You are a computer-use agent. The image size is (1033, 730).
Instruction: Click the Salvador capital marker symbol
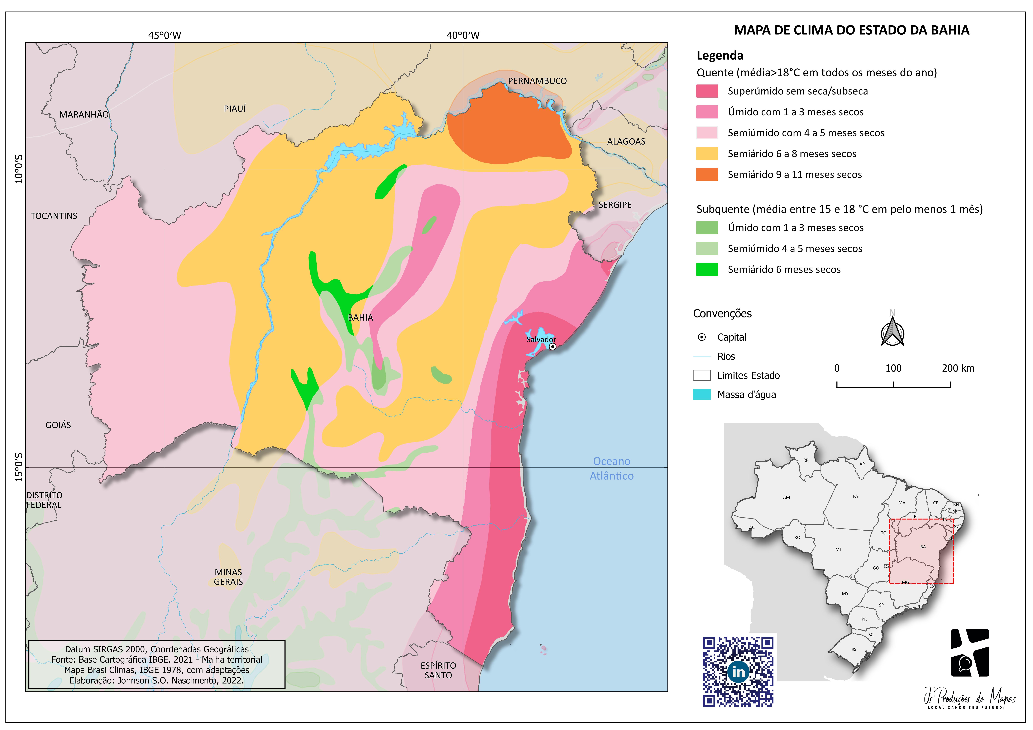(x=553, y=346)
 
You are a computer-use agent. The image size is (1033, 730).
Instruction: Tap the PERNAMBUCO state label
(x=537, y=81)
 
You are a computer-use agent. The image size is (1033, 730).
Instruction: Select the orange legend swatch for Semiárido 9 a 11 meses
(x=707, y=175)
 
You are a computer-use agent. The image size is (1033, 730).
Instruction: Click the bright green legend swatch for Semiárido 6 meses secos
(x=707, y=269)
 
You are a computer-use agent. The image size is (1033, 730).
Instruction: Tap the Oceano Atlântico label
(x=611, y=468)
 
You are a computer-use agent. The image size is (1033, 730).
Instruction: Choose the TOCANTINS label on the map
(x=54, y=216)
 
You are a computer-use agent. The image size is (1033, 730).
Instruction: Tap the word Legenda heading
(x=720, y=56)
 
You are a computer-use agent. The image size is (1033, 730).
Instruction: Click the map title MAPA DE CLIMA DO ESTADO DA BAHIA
(x=851, y=30)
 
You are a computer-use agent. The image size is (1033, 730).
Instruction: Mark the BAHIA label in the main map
(x=360, y=318)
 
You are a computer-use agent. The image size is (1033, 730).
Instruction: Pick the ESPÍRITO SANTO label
(x=438, y=670)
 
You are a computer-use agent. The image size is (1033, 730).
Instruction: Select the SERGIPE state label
(x=615, y=205)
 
